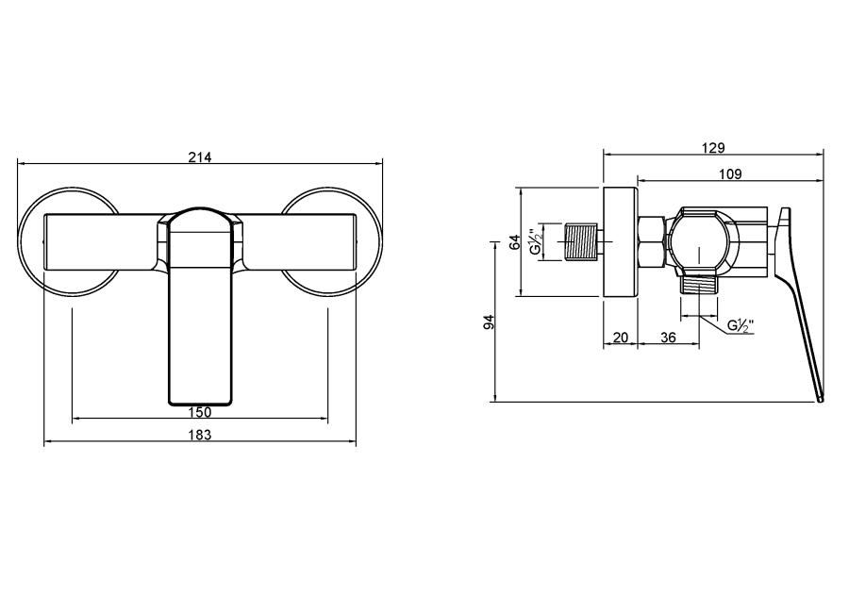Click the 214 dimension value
[x=200, y=157]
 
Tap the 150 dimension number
[x=200, y=412]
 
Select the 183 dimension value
[x=200, y=435]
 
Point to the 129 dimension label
[x=713, y=148]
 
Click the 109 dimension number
[x=730, y=174]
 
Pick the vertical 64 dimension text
[x=515, y=241]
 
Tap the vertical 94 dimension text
[x=489, y=322]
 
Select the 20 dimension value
[x=621, y=338]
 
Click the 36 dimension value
[x=669, y=338]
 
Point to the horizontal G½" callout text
[x=741, y=325]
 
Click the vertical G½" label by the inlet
[x=536, y=241]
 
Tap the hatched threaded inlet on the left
[x=581, y=241]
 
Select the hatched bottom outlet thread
[x=699, y=284]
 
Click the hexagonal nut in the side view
[x=652, y=241]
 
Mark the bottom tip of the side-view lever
[x=822, y=401]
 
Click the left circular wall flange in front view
[x=68, y=241]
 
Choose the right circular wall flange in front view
[x=331, y=241]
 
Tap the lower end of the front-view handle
[x=200, y=403]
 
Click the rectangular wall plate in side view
[x=621, y=241]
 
